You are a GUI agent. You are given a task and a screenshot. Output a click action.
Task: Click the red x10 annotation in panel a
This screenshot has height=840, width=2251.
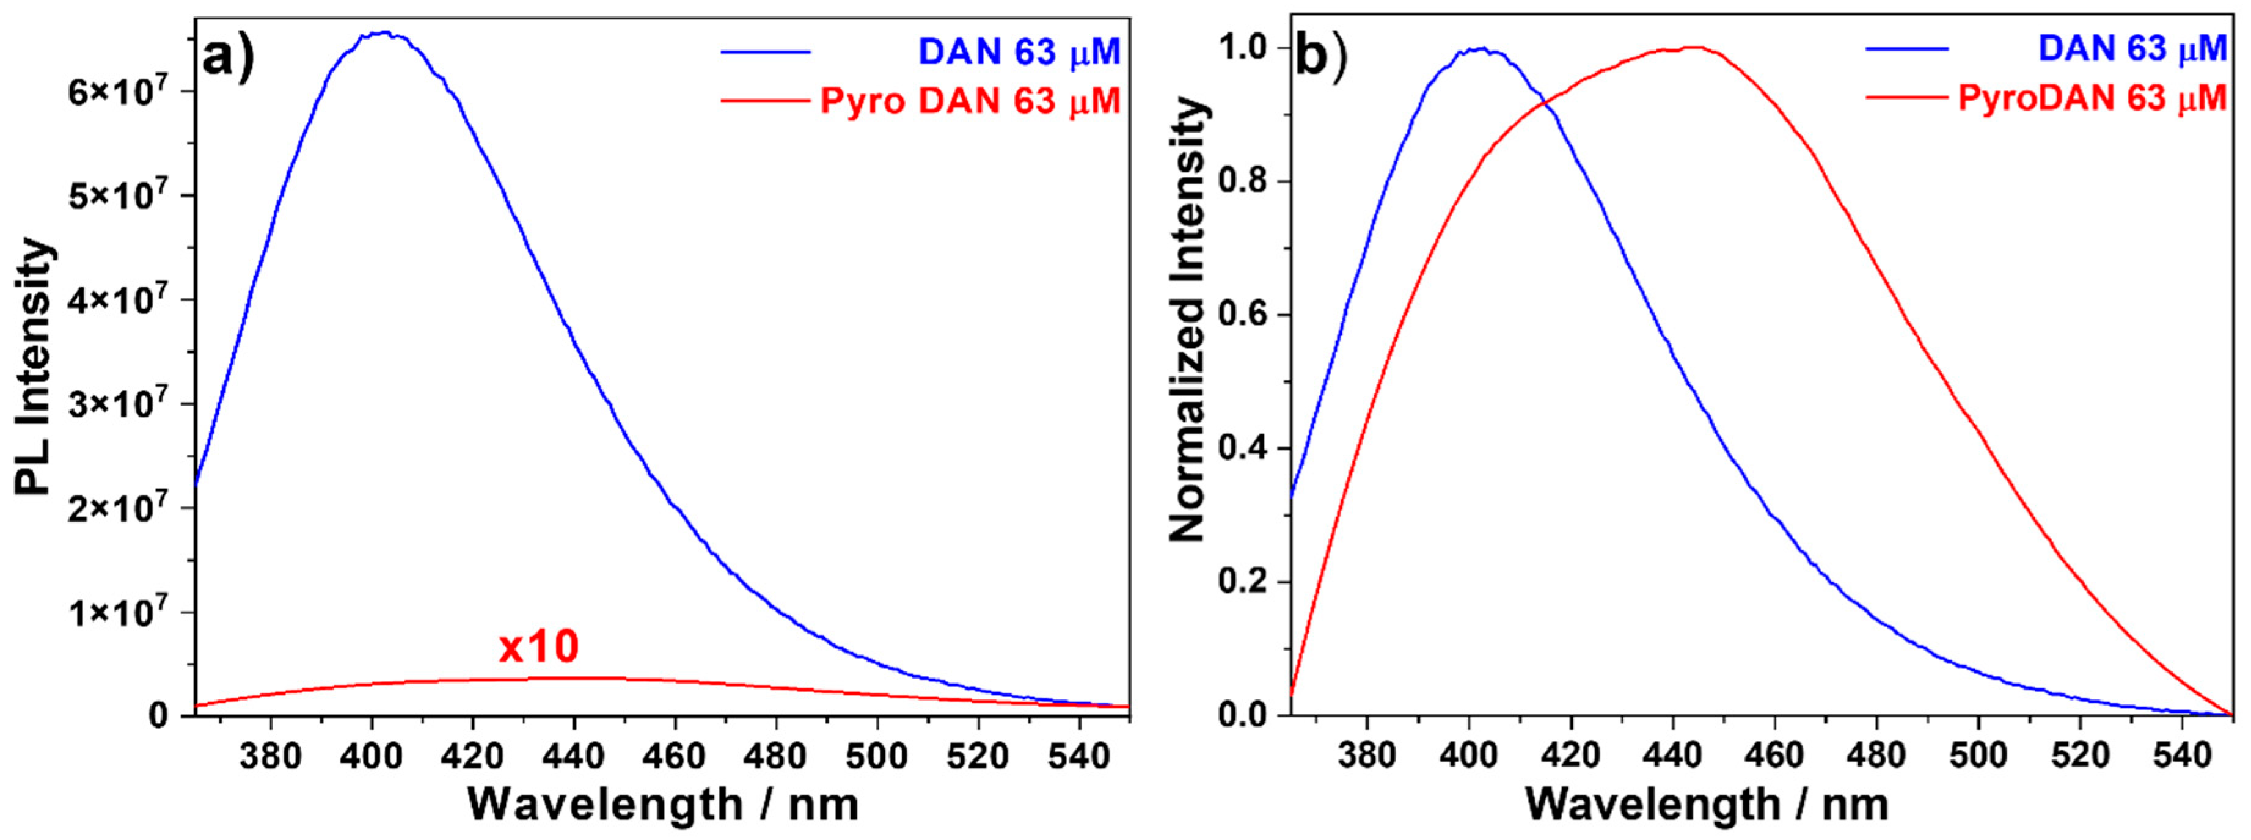[538, 648]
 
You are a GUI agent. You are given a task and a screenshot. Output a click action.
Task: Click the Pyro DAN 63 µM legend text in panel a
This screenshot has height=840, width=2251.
[970, 102]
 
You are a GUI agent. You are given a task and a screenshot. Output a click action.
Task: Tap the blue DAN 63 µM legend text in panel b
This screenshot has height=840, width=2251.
[2132, 49]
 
